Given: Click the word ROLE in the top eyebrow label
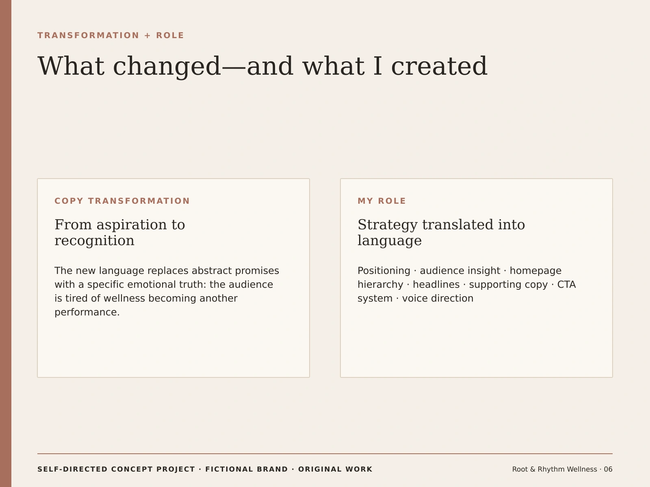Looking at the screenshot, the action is coord(170,35).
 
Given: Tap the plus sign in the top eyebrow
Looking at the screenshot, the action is coord(147,36).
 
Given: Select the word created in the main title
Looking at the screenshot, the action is coord(439,66).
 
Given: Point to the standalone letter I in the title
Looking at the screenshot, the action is coord(378,66).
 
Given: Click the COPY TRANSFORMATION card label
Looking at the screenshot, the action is coord(122,201).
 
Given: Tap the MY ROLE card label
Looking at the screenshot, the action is coord(382,201).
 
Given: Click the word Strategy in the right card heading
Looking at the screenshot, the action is coord(388,225).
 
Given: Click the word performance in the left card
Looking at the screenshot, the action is coord(87,312).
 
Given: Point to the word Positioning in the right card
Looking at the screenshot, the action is coord(384,271).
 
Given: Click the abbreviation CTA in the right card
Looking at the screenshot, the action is coord(566,284).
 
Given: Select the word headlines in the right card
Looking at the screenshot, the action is coord(436,284).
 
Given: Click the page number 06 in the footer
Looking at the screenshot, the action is coord(608,469).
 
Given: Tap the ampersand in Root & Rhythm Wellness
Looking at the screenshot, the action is coord(533,469).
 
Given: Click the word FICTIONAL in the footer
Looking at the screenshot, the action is coord(247,469).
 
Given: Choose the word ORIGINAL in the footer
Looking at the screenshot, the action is coord(320,469).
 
